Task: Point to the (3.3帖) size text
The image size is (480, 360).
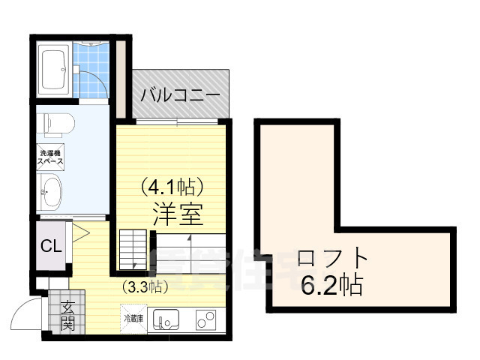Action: point(145,286)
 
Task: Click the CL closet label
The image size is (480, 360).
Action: point(51,245)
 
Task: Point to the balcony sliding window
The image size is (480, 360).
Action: point(177,121)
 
